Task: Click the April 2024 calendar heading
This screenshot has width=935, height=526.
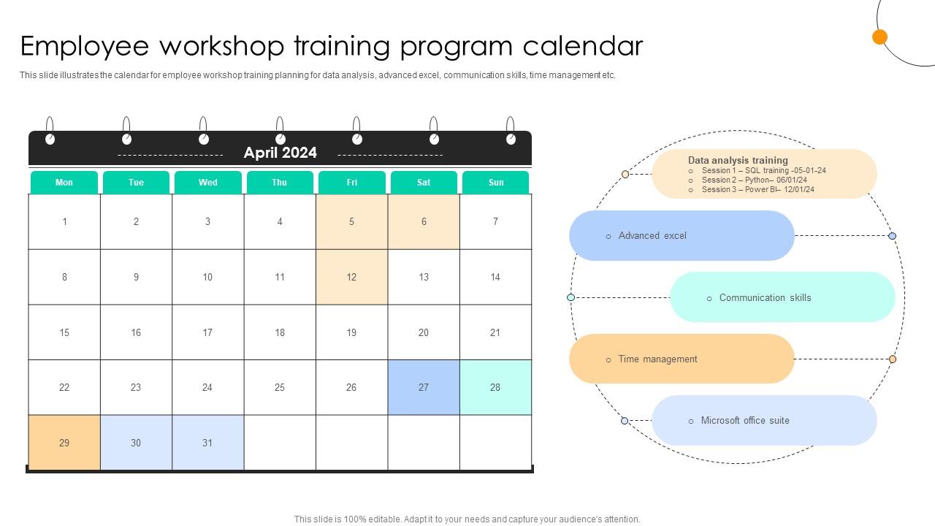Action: click(280, 153)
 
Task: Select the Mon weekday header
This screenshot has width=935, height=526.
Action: click(64, 183)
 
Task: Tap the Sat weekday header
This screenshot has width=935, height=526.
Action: click(424, 183)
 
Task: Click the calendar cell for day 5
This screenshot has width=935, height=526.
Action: click(351, 221)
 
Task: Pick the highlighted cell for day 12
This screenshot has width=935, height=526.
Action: click(351, 277)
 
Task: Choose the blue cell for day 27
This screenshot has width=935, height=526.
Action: click(423, 387)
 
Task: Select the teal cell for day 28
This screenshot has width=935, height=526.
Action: click(495, 387)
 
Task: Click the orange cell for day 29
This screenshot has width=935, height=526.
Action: click(64, 443)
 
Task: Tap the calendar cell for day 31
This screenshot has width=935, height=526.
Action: click(207, 443)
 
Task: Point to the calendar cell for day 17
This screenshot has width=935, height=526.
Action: click(207, 332)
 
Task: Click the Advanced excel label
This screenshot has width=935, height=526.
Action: click(652, 236)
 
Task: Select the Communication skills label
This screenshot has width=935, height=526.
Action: click(765, 297)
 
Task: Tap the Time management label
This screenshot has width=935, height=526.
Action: click(657, 359)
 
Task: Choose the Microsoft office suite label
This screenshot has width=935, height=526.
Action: click(745, 421)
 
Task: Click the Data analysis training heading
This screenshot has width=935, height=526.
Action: click(738, 160)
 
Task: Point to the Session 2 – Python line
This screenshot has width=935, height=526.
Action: click(754, 180)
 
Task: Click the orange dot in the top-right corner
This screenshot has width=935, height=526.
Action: click(880, 37)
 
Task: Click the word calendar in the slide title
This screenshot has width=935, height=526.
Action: click(583, 46)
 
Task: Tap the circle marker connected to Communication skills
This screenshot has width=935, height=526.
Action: click(571, 297)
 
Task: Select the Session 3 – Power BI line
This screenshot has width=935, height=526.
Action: click(757, 189)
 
